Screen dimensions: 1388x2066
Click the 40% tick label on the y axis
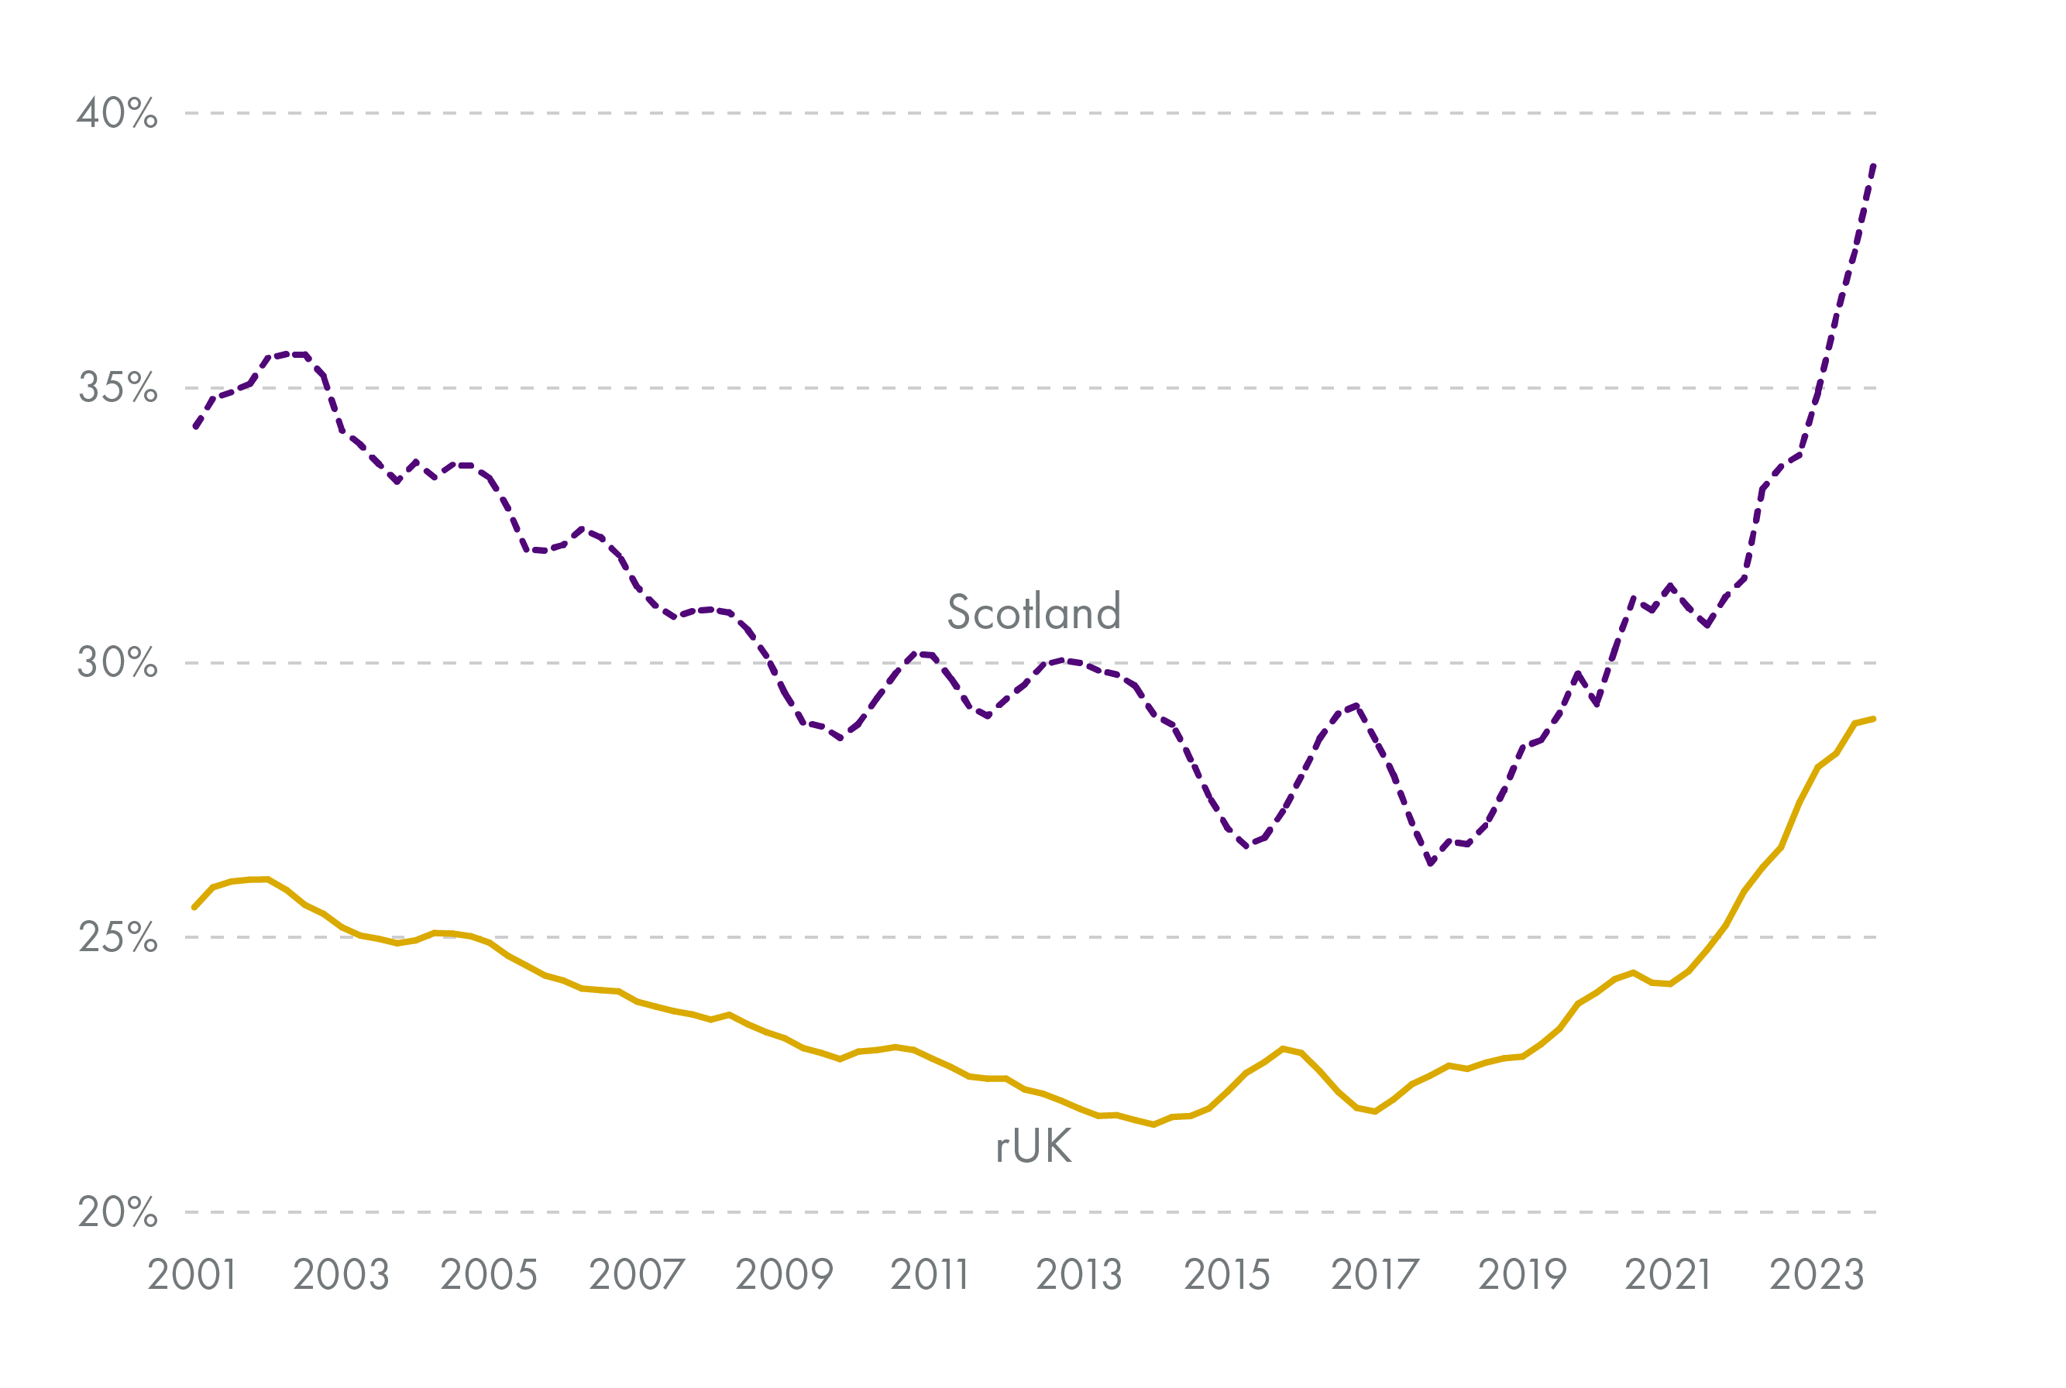tap(117, 113)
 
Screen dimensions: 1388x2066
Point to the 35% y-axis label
tap(118, 388)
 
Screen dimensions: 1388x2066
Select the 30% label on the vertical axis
tap(117, 662)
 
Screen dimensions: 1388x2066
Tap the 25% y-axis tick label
tap(118, 937)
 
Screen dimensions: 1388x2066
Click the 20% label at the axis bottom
tap(117, 1212)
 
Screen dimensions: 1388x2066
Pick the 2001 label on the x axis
tap(192, 1276)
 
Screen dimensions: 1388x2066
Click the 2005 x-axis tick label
tap(489, 1276)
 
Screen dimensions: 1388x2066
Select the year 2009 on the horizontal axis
tap(784, 1276)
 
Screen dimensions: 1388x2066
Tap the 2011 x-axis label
tap(930, 1276)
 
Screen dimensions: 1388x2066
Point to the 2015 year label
tap(1227, 1276)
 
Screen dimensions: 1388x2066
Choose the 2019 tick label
tap(1522, 1276)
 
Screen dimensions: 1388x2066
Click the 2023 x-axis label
tap(1817, 1276)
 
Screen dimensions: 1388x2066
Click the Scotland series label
tap(1034, 612)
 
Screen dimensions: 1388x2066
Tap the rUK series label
tap(1034, 1146)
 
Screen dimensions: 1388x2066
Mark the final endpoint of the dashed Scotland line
tap(1874, 166)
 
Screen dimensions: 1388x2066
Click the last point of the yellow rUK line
tap(1874, 719)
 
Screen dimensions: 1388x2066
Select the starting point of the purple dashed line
tap(196, 427)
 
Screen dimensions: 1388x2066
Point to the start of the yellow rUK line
tap(194, 907)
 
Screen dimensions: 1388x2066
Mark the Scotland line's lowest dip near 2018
tap(1431, 862)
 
